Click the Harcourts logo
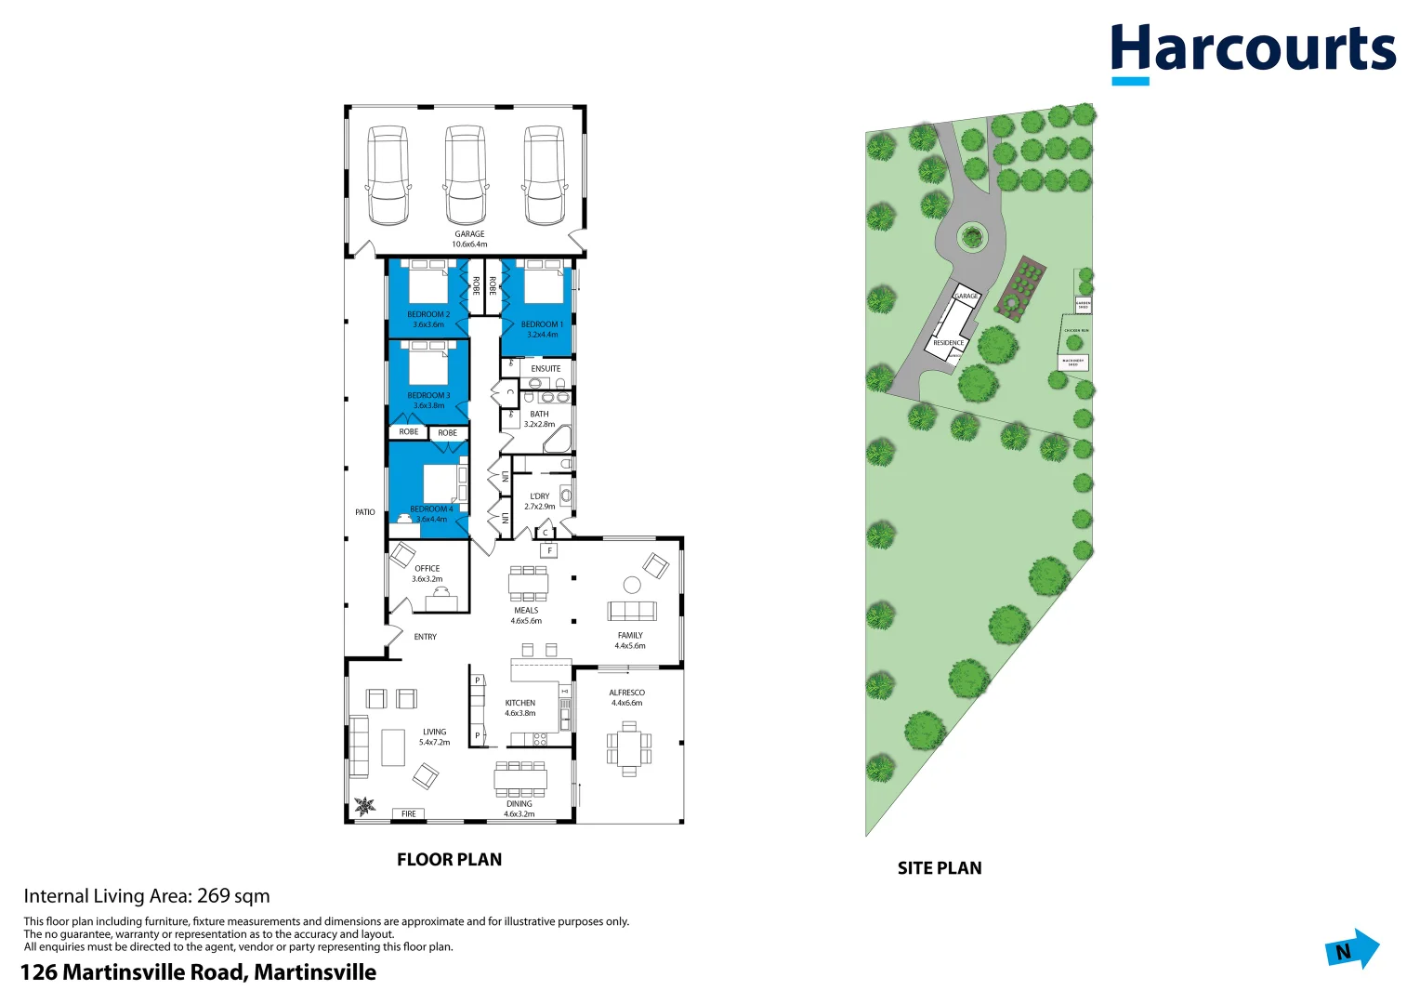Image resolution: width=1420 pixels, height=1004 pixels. [x=1252, y=51]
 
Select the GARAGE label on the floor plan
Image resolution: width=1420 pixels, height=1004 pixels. [x=469, y=234]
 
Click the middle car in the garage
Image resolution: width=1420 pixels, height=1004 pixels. [x=466, y=175]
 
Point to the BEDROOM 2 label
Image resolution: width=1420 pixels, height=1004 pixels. [x=428, y=314]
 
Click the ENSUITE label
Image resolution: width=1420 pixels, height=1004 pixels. [x=546, y=368]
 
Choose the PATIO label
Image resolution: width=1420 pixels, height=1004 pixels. [x=365, y=512]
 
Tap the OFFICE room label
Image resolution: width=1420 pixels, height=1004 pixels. [x=427, y=568]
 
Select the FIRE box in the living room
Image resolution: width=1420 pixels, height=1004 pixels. [x=409, y=813]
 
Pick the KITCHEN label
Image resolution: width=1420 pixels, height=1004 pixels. [x=520, y=703]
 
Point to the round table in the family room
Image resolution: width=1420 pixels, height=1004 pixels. [x=632, y=585]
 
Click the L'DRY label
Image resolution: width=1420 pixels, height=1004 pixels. [x=540, y=496]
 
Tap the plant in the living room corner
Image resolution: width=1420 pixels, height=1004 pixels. [x=365, y=805]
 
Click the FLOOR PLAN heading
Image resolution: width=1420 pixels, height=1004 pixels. [x=449, y=860]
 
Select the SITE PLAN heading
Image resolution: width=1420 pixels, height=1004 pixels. [x=940, y=868]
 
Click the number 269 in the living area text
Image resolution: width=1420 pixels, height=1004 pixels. [x=214, y=896]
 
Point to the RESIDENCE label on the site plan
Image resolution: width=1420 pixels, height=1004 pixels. [x=948, y=343]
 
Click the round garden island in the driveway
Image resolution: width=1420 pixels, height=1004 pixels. [x=972, y=235]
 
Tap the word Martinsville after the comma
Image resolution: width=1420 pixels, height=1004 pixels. [x=315, y=972]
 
